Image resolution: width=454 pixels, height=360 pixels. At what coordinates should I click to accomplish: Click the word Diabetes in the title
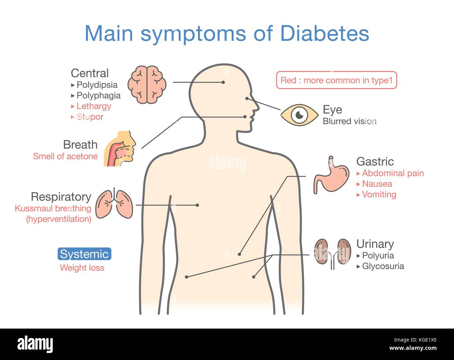click(x=325, y=34)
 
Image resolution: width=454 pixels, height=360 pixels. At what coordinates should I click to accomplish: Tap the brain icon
click(x=147, y=85)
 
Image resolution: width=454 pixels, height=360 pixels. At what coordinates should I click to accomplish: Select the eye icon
click(x=299, y=115)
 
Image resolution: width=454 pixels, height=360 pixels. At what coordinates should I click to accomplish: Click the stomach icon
click(x=331, y=175)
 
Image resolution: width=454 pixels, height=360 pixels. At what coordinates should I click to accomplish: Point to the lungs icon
click(x=114, y=203)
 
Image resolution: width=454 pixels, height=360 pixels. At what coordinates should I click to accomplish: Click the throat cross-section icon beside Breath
click(x=120, y=148)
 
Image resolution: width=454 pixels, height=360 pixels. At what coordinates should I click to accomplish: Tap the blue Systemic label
click(x=85, y=254)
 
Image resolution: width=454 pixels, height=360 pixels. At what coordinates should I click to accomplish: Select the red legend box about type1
click(x=337, y=80)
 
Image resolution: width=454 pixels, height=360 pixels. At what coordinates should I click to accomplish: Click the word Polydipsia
click(x=97, y=85)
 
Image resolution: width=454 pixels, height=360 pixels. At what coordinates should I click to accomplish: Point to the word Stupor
click(x=90, y=117)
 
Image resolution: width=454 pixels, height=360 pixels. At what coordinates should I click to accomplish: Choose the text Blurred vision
click(x=350, y=121)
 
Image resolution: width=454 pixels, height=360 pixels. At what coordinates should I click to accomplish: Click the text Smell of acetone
click(x=65, y=156)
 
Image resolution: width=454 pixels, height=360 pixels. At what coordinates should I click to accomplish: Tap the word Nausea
click(x=377, y=184)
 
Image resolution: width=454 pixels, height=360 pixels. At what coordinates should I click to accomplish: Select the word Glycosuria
click(x=383, y=266)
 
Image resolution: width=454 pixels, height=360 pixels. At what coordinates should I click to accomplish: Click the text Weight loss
click(x=82, y=268)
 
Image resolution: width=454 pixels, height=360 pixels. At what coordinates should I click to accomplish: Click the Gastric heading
click(x=375, y=162)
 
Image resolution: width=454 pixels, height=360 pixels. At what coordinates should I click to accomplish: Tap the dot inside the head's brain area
click(x=223, y=82)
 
